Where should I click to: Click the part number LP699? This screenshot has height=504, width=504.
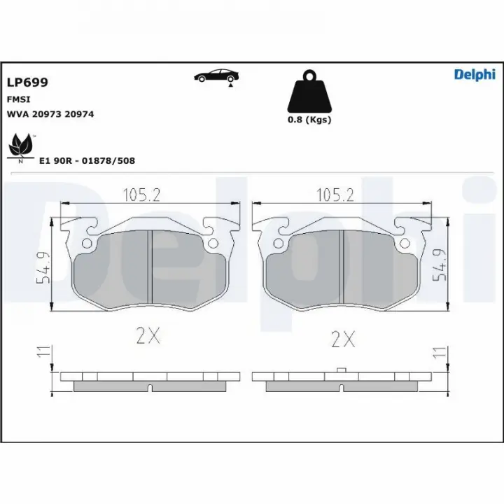point(27,83)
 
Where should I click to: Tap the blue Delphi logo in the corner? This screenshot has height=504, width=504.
point(475,75)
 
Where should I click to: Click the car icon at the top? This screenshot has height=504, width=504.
point(216,76)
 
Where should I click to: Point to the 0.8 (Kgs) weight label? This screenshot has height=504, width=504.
point(309,120)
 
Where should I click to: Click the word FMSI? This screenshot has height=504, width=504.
point(18,99)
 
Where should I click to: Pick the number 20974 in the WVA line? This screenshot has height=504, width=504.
point(79,114)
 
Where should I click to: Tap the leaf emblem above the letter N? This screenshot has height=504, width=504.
point(21,146)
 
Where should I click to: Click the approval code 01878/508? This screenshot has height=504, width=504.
point(108,161)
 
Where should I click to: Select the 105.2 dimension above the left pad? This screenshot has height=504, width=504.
point(141,195)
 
